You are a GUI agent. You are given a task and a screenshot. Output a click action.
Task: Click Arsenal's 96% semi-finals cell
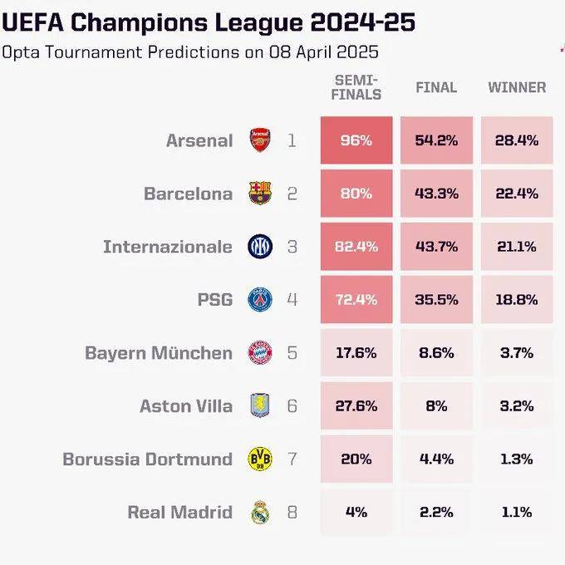[356, 140]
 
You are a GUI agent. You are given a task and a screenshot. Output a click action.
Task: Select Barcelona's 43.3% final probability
[436, 194]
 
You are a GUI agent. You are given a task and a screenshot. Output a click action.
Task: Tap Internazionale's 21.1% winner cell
[517, 247]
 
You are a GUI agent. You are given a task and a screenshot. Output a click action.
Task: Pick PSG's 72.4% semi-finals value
[356, 299]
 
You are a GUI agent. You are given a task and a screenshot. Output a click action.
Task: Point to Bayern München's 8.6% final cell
[436, 352]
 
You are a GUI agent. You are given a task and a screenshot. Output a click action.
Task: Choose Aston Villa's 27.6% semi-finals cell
[356, 405]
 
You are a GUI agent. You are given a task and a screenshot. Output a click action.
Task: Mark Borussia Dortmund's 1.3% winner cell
[517, 459]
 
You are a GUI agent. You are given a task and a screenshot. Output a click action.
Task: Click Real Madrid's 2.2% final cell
[436, 512]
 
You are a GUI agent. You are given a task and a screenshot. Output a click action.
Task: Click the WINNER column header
[517, 87]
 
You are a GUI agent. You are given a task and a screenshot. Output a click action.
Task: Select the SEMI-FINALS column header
[357, 86]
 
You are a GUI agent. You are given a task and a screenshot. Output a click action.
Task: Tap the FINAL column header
[436, 87]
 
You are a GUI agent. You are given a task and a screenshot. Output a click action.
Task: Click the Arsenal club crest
[260, 140]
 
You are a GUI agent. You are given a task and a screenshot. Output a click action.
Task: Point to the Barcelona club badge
[260, 194]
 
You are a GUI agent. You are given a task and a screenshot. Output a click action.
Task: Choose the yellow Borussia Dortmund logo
[260, 459]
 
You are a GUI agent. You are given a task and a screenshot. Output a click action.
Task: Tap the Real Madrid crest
[260, 512]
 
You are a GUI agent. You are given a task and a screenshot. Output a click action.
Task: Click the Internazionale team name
[167, 247]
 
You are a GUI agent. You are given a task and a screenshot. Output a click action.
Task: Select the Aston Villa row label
[186, 405]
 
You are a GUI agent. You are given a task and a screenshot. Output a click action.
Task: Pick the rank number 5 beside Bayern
[292, 352]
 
